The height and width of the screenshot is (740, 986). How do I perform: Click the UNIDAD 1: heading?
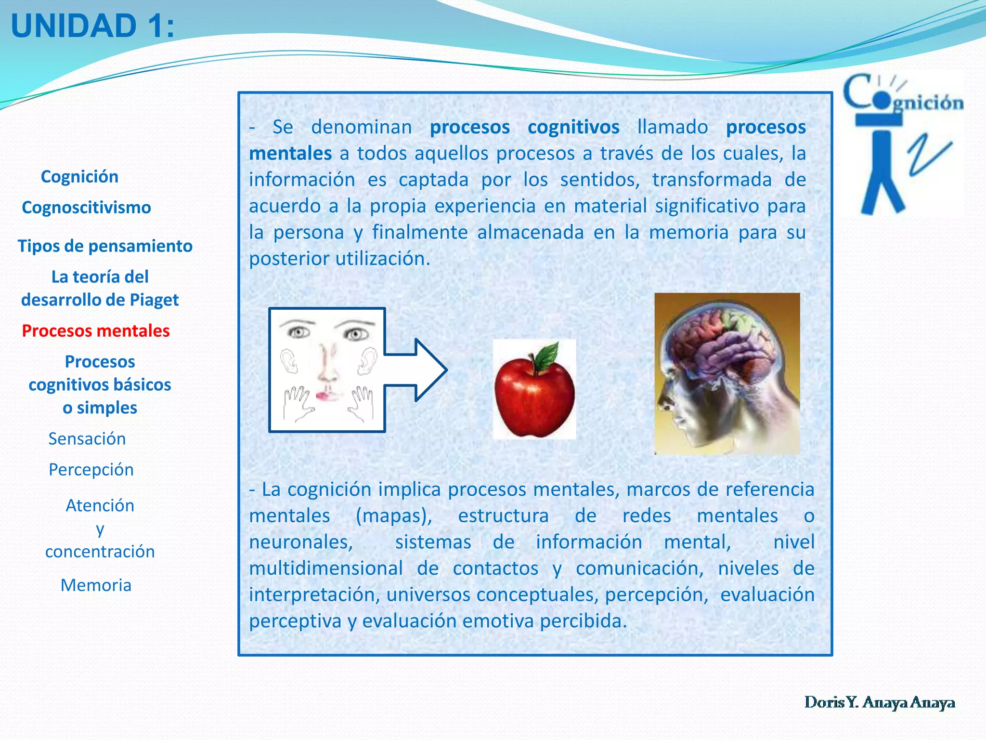point(92,26)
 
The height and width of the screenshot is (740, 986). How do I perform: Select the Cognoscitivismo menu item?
point(87,208)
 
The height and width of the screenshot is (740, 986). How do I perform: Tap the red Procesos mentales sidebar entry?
point(96,331)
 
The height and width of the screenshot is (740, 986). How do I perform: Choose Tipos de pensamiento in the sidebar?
point(105,246)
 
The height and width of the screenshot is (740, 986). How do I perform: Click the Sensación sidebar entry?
point(87,439)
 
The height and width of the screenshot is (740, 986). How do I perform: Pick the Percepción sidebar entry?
point(91,470)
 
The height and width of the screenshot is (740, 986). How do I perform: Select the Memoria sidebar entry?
point(96,585)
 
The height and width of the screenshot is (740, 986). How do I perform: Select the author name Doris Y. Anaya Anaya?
point(880,702)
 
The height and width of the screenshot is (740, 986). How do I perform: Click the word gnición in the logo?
point(928,103)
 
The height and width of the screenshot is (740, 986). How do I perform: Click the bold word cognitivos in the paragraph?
point(573,127)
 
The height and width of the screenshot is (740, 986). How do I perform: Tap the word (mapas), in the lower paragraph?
point(394,516)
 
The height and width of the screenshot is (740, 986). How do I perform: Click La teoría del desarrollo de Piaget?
point(100,288)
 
